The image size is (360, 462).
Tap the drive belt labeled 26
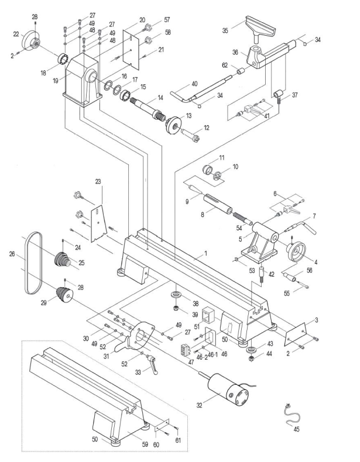click(x=33, y=263)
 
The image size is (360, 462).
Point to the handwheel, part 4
click(x=295, y=251)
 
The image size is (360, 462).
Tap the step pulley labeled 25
click(x=63, y=260)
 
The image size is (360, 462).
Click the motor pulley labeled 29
click(x=64, y=294)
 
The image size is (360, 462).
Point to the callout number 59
click(x=145, y=444)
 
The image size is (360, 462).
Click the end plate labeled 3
click(x=295, y=334)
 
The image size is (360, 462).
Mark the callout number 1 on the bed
click(x=206, y=253)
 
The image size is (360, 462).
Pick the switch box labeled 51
click(x=208, y=315)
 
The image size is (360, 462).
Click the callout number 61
click(x=178, y=440)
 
